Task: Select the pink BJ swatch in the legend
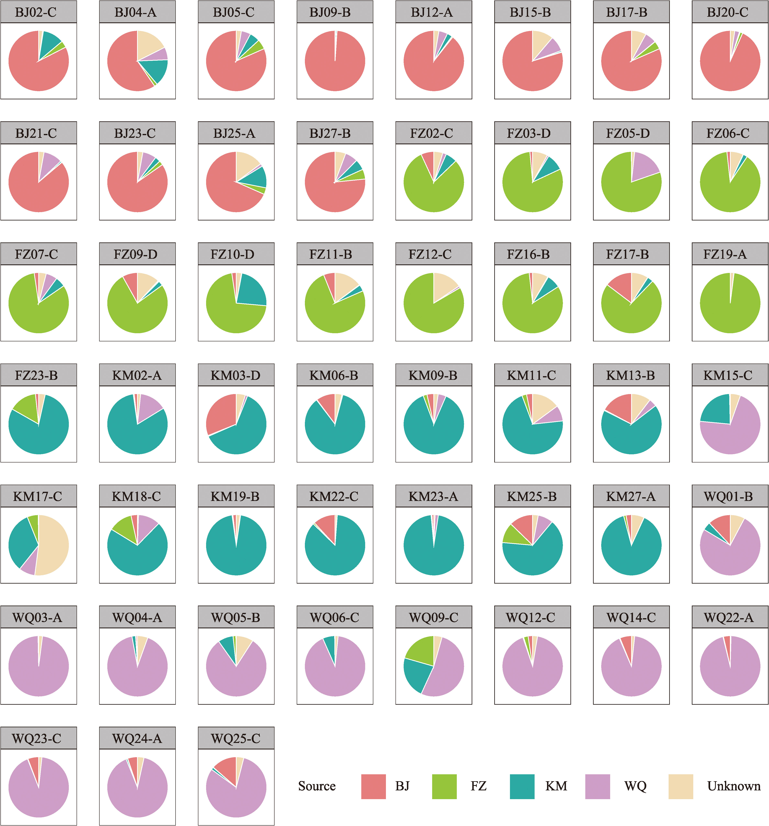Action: (x=373, y=786)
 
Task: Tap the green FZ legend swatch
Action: (x=444, y=786)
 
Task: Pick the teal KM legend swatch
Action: (x=522, y=786)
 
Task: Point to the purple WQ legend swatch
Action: (x=597, y=786)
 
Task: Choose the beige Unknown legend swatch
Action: (x=680, y=786)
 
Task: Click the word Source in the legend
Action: (x=317, y=786)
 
